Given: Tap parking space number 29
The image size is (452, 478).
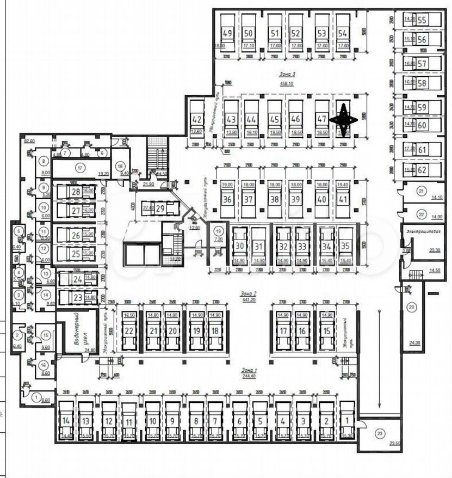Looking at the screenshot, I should click(x=160, y=209).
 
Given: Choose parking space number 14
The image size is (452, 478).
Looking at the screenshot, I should click(x=66, y=421).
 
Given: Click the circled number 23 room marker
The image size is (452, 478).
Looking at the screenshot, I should click(x=380, y=434).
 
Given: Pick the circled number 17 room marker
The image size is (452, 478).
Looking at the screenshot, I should click(x=81, y=168).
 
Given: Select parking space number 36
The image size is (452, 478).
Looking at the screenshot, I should click(x=228, y=199).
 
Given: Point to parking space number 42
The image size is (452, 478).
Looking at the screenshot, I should click(x=197, y=120).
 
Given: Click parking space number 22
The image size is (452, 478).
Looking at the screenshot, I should click(x=129, y=331).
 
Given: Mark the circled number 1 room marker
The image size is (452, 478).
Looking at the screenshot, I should click(x=36, y=397).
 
